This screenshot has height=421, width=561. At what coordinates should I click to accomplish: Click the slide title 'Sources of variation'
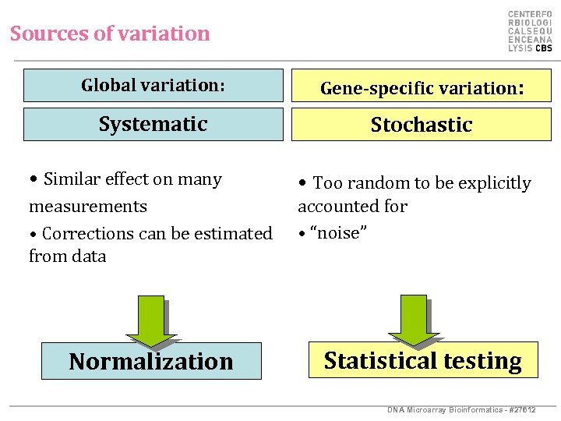pos(110,34)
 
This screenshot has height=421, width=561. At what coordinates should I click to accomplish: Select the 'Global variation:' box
pos(153,86)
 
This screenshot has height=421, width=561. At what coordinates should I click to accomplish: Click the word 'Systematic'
pos(153,124)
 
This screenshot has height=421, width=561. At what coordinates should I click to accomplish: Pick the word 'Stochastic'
pos(421,125)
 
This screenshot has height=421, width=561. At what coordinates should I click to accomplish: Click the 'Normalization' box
pos(150,362)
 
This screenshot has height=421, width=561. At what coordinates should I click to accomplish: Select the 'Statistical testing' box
pos(422,360)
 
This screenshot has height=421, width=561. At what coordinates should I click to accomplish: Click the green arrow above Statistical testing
pos(413,320)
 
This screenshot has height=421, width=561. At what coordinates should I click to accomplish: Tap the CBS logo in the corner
pos(530,31)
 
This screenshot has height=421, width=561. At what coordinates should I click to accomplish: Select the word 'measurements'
pos(88,207)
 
